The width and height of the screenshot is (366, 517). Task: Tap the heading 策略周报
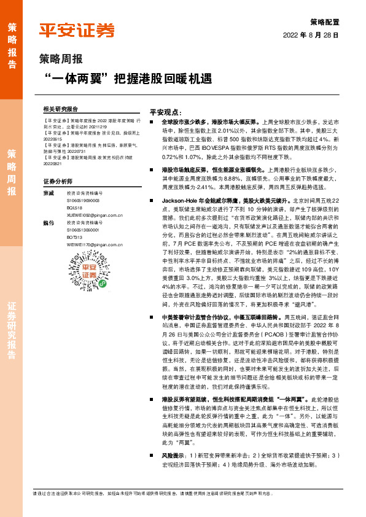click(x=60, y=60)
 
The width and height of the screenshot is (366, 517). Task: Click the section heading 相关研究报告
click(x=61, y=108)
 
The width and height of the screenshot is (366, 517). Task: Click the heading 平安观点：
click(x=166, y=112)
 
